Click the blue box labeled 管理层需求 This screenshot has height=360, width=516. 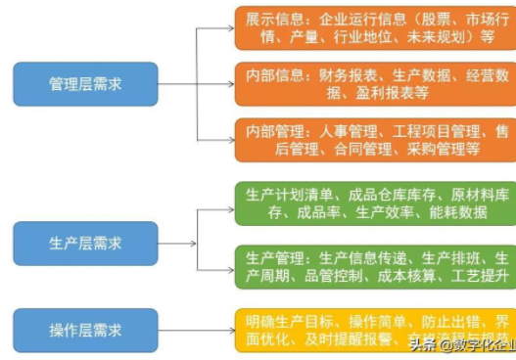click(85, 84)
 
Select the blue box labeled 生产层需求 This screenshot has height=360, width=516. click(85, 242)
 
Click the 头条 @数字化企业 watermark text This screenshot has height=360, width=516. click(460, 344)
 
